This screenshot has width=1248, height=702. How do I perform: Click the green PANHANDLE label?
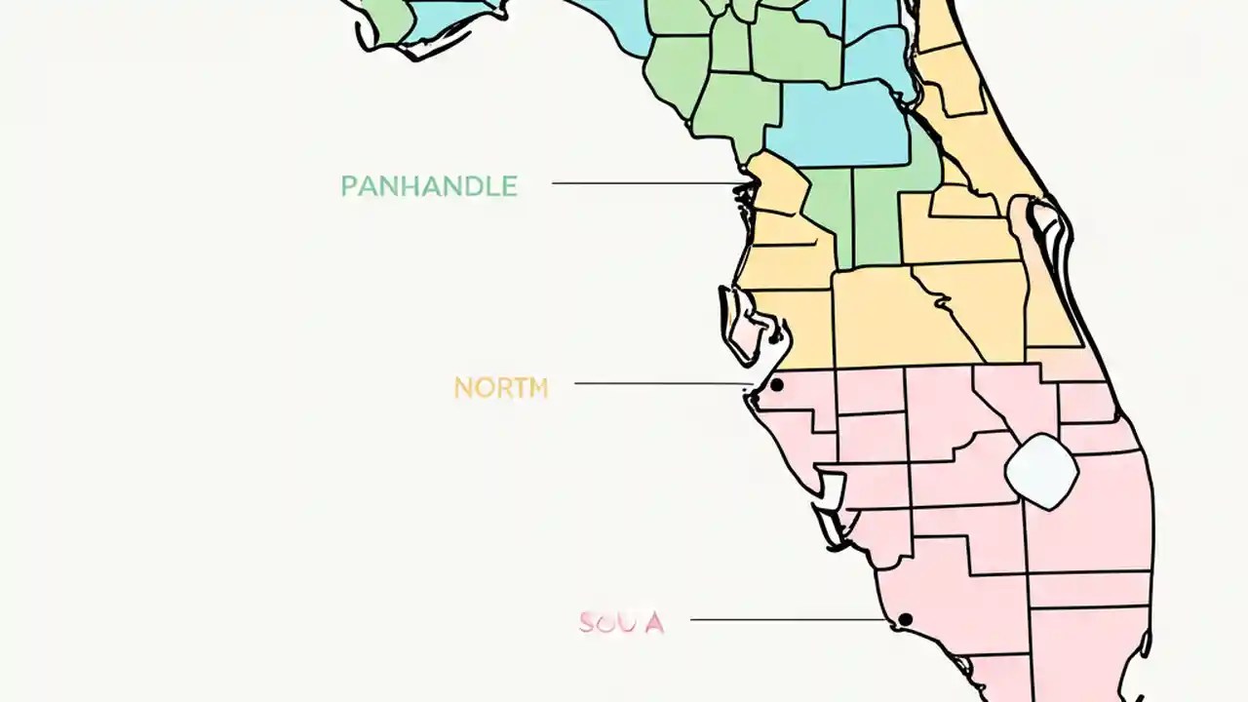tap(428, 186)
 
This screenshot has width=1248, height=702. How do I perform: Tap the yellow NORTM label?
tap(501, 388)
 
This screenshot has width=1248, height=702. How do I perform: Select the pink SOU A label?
tap(621, 622)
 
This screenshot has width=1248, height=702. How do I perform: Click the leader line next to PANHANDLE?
tap(643, 182)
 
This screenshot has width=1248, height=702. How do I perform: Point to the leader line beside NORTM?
tap(663, 383)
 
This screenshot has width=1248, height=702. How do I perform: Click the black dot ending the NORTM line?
tap(776, 385)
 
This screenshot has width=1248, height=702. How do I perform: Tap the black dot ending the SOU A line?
tap(905, 619)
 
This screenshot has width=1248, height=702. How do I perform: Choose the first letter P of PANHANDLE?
tap(348, 186)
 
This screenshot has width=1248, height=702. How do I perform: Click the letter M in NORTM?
tap(537, 388)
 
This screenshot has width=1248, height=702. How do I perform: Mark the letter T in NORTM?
tap(518, 388)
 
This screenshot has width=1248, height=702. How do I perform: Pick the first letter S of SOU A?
tap(587, 622)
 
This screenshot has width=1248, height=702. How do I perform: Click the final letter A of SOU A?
tap(654, 622)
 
